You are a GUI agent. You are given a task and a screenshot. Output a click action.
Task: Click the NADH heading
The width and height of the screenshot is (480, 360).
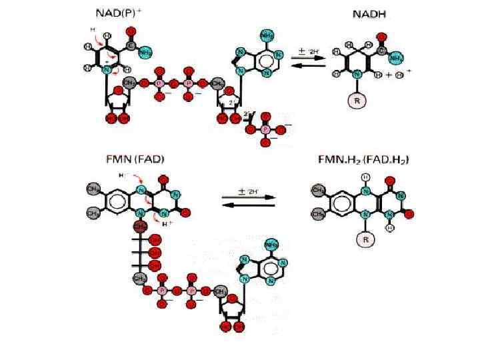(370, 15)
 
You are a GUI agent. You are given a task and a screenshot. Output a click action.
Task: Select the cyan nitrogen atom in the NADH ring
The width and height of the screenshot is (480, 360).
(357, 75)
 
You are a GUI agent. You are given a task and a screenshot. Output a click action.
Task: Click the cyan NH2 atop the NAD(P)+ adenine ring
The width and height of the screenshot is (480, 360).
(267, 35)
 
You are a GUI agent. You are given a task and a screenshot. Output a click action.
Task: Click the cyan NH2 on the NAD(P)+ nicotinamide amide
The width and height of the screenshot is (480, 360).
(147, 52)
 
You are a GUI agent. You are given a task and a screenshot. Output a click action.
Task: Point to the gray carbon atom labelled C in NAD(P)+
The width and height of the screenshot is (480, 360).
(131, 45)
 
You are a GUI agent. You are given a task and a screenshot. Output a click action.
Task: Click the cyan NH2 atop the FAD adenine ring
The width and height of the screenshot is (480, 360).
(271, 245)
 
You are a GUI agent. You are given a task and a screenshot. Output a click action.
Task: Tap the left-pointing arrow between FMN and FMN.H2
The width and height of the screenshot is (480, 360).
(248, 205)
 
